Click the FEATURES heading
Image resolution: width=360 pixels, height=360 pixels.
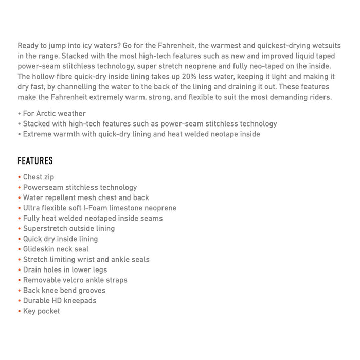point(35,161)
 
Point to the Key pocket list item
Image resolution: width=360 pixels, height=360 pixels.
point(41,311)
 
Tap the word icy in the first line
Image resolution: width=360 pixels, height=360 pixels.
point(98,46)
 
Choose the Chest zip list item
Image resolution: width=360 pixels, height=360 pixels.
point(39,177)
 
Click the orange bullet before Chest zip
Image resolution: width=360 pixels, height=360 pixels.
point(19,177)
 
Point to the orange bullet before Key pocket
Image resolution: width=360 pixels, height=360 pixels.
point(19,311)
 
